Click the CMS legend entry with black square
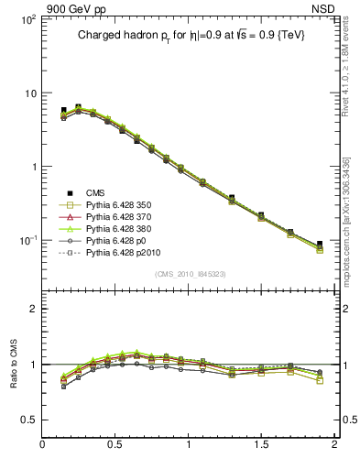pos(96,191)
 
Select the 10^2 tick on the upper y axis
pos(27,19)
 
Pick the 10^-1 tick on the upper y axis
pos(27,240)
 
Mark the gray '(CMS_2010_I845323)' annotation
pos(187,271)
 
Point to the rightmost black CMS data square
pos(319,245)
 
